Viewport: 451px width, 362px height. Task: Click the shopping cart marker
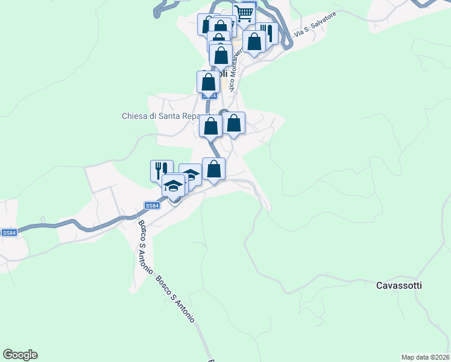[244, 13]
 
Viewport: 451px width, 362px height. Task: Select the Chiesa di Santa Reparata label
[165, 116]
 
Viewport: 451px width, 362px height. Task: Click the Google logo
[20, 355]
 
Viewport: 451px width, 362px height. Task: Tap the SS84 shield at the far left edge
[8, 233]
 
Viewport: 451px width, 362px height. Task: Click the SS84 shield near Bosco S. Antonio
[153, 206]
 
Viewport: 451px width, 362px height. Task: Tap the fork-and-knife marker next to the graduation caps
[162, 170]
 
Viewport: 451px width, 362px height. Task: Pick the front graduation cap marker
[173, 185]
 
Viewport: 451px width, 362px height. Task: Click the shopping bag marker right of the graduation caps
[213, 168]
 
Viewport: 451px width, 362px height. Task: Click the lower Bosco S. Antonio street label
[175, 298]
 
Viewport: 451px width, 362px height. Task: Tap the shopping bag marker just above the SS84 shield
[208, 81]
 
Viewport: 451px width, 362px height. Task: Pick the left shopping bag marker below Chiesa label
[210, 126]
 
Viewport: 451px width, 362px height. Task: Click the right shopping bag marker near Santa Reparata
[234, 123]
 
